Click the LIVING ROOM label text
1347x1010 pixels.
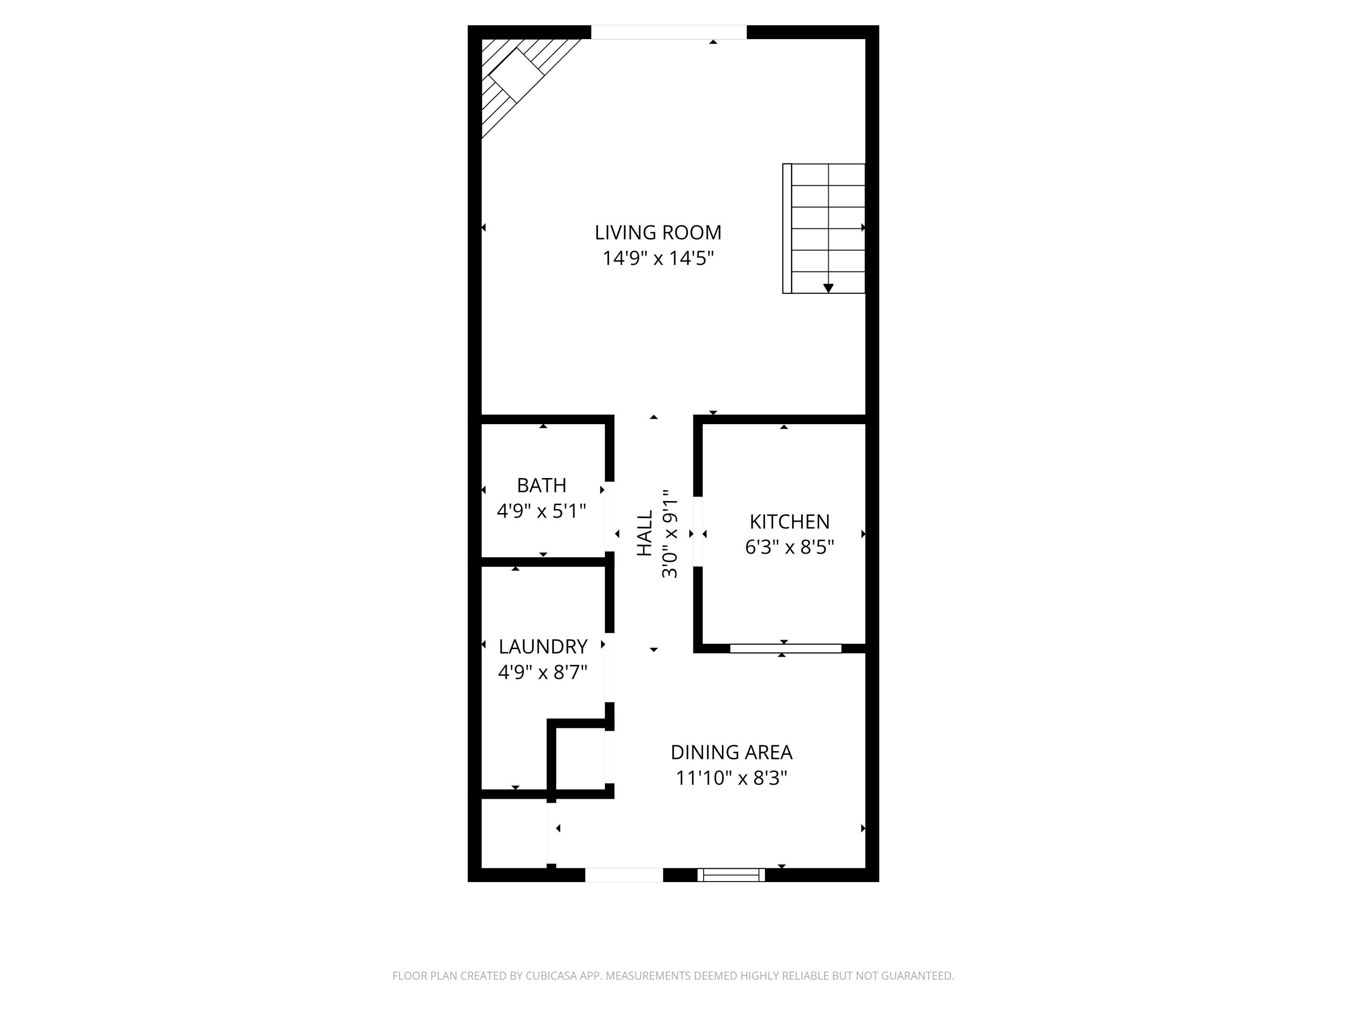tap(658, 233)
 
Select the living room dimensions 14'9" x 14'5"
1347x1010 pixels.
tap(658, 258)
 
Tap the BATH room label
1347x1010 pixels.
tap(541, 485)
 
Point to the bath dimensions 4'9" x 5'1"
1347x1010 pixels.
tap(541, 511)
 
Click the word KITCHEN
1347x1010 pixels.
tap(789, 522)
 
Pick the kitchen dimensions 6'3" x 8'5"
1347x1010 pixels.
tap(789, 547)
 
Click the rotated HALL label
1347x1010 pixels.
tap(644, 533)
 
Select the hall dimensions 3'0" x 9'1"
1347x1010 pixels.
tap(670, 533)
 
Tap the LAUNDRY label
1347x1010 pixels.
tap(542, 646)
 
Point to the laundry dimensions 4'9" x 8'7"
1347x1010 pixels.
tap(542, 672)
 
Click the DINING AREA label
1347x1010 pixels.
tap(731, 752)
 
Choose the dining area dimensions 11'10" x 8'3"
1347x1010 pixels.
tap(731, 778)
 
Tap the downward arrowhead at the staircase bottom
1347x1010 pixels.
tap(828, 288)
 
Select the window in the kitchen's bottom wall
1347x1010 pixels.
tap(786, 648)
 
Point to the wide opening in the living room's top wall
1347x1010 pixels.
tap(669, 32)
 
